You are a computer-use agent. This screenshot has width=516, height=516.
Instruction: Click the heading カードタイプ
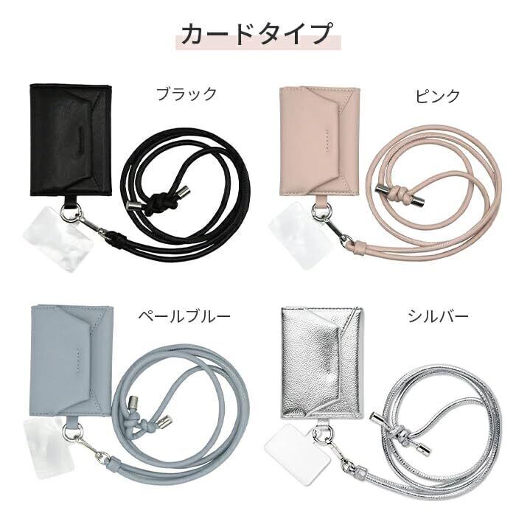click(258, 34)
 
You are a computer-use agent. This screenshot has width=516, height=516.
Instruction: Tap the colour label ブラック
click(186, 94)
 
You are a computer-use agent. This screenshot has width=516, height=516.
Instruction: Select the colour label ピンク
click(439, 95)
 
